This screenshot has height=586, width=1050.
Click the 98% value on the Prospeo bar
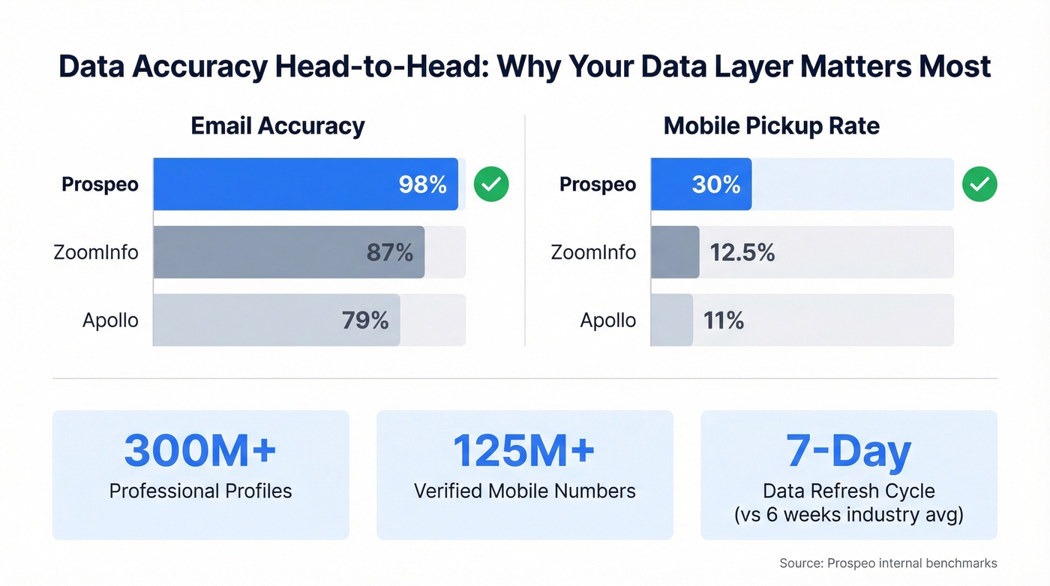(x=422, y=185)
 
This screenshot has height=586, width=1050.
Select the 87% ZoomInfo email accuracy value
(x=389, y=253)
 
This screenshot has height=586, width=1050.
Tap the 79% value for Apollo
(x=365, y=320)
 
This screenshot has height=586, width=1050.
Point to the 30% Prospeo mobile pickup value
(x=715, y=185)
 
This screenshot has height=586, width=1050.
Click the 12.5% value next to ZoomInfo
(x=742, y=253)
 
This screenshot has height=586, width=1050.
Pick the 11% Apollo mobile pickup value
(x=724, y=320)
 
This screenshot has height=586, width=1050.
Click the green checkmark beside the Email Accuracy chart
(x=491, y=185)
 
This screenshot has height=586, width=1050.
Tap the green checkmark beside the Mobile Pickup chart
(x=979, y=185)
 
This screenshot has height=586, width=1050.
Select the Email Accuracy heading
(x=277, y=125)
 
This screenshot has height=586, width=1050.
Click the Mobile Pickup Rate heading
(x=772, y=125)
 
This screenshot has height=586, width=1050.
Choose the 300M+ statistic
(x=200, y=450)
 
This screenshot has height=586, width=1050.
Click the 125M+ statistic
(x=524, y=450)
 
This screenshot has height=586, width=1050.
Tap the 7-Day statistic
(x=848, y=450)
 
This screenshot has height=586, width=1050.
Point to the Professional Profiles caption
(x=200, y=491)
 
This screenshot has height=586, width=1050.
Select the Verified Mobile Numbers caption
(x=524, y=491)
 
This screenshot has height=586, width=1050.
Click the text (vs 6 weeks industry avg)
(x=848, y=515)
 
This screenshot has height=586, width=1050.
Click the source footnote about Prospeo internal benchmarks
(x=888, y=563)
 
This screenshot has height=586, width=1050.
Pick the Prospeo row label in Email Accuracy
(x=100, y=185)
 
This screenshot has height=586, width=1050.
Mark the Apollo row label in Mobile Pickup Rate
(x=607, y=320)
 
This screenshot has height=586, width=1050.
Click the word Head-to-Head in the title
(x=380, y=67)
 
